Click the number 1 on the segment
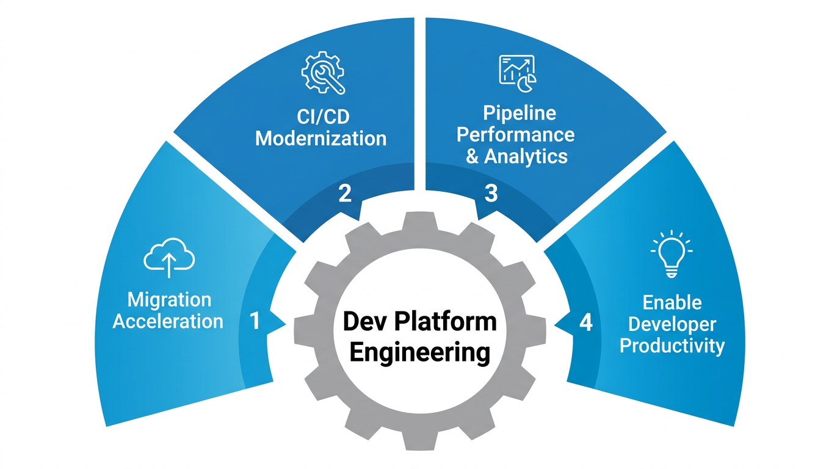pyautogui.click(x=255, y=322)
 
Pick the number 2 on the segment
pyautogui.click(x=345, y=194)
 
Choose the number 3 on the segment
pyautogui.click(x=491, y=194)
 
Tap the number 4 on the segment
pyautogui.click(x=585, y=322)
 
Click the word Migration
pyautogui.click(x=169, y=300)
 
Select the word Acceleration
pyautogui.click(x=168, y=322)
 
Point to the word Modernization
pyautogui.click(x=320, y=138)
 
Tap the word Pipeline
pyautogui.click(x=520, y=113)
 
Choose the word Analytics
pyautogui.click(x=526, y=156)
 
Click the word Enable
pyautogui.click(x=672, y=302)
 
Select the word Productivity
pyautogui.click(x=672, y=346)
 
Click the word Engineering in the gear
pyautogui.click(x=420, y=353)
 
